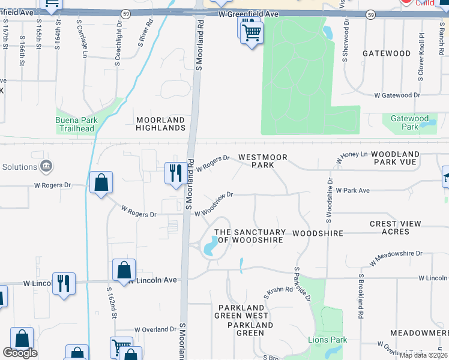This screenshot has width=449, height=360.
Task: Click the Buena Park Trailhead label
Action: pyautogui.click(x=75, y=124)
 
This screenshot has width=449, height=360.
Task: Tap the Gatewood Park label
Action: pyautogui.click(x=409, y=123)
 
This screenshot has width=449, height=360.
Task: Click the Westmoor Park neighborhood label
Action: pyautogui.click(x=262, y=161)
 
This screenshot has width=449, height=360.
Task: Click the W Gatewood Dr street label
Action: pyautogui.click(x=397, y=95)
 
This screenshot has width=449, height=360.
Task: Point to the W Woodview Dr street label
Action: pyautogui.click(x=213, y=205)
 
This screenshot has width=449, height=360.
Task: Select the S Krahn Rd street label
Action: pyautogui.click(x=278, y=293)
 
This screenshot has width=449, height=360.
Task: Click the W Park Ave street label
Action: pyautogui.click(x=352, y=190)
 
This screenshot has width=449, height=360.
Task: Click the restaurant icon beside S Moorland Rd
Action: pyautogui.click(x=174, y=173)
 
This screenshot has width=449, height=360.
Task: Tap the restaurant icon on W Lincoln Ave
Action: pyautogui.click(x=63, y=283)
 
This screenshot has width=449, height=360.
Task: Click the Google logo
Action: pyautogui.click(x=20, y=353)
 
